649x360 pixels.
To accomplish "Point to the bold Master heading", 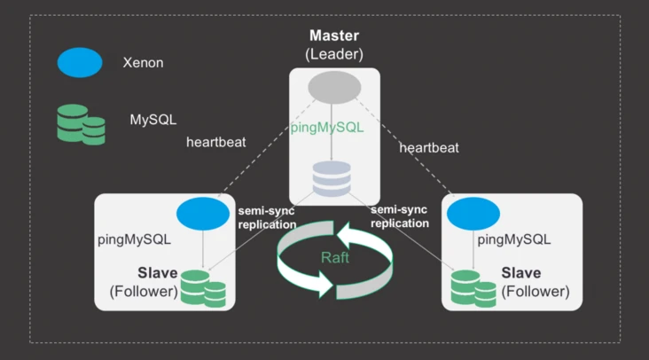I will point(334,36).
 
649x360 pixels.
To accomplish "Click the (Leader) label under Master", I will point(334,54).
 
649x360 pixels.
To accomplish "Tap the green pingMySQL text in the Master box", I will point(327,127).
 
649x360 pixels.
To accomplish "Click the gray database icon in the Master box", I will point(334,179).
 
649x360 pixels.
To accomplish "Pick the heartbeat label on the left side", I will point(216,142).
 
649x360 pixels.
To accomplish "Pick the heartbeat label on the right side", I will point(429,147).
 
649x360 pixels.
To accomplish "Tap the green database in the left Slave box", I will point(203,288).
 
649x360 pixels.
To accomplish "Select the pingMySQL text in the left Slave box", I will point(134,239).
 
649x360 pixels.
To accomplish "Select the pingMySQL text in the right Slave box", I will point(514,239).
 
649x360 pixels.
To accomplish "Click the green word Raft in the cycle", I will point(335,257).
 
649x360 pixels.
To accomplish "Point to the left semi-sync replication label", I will point(266,217).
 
